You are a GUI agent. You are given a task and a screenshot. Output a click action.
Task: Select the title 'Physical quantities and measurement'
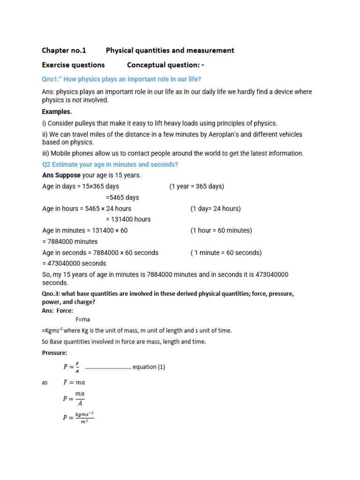(170, 50)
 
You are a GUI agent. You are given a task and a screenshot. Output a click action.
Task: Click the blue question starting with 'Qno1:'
(121, 79)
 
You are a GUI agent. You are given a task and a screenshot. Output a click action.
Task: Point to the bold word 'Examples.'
(57, 112)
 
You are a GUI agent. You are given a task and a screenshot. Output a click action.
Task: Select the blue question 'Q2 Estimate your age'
(110, 165)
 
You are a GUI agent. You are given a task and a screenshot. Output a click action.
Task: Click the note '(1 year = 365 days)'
(196, 186)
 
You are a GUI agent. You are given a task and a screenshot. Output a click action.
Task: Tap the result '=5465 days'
(122, 197)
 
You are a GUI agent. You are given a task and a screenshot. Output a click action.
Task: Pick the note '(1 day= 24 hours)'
(215, 208)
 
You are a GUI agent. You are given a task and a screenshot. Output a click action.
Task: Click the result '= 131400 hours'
(128, 219)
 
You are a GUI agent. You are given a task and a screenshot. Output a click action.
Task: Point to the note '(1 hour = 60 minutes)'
(221, 230)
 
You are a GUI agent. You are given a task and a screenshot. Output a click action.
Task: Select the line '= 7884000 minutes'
(70, 241)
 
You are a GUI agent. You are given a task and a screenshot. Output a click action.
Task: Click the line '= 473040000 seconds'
(74, 263)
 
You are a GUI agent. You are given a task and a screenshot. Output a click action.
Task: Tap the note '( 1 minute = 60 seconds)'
(226, 253)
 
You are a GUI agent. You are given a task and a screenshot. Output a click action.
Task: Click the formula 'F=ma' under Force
(82, 319)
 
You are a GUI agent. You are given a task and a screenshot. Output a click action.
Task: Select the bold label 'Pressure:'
(55, 352)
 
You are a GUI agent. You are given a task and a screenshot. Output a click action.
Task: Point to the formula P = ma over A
(74, 398)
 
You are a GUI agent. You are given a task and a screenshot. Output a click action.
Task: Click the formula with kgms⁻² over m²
(79, 417)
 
